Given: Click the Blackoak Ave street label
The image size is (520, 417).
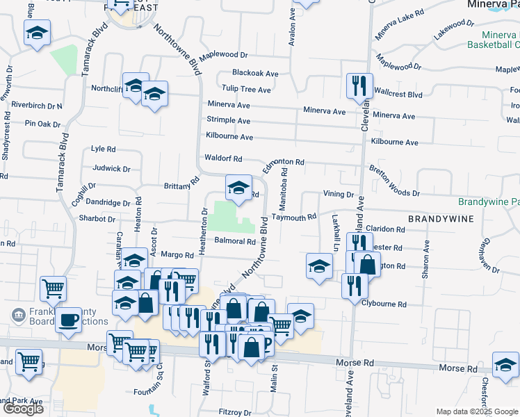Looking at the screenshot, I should click(255, 73).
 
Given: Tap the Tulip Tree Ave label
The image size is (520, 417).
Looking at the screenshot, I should click(246, 90).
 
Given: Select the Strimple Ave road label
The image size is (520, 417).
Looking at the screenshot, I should click(228, 120).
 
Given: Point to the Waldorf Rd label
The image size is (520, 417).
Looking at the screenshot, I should click(222, 158).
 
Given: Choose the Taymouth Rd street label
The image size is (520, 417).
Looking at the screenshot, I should click(293, 217).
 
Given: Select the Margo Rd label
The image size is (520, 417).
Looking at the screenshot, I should click(176, 255).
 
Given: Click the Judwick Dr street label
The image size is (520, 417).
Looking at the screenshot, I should click(111, 168).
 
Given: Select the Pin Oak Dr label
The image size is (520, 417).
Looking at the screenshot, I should click(43, 124).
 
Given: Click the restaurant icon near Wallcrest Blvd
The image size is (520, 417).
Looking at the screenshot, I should click(356, 85).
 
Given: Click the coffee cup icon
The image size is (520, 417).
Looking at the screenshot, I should click(68, 320).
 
